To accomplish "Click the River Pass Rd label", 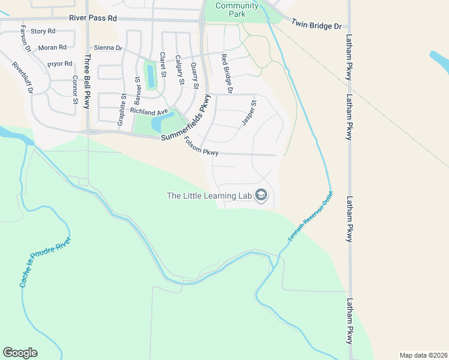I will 92,19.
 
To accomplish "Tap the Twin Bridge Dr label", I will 316,25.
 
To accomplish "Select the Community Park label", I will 237,10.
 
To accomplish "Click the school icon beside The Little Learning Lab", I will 261,195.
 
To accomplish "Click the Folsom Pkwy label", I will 200,148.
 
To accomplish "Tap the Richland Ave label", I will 149,112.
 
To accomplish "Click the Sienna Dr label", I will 107,47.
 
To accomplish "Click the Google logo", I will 20,353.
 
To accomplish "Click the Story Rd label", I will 43,31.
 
